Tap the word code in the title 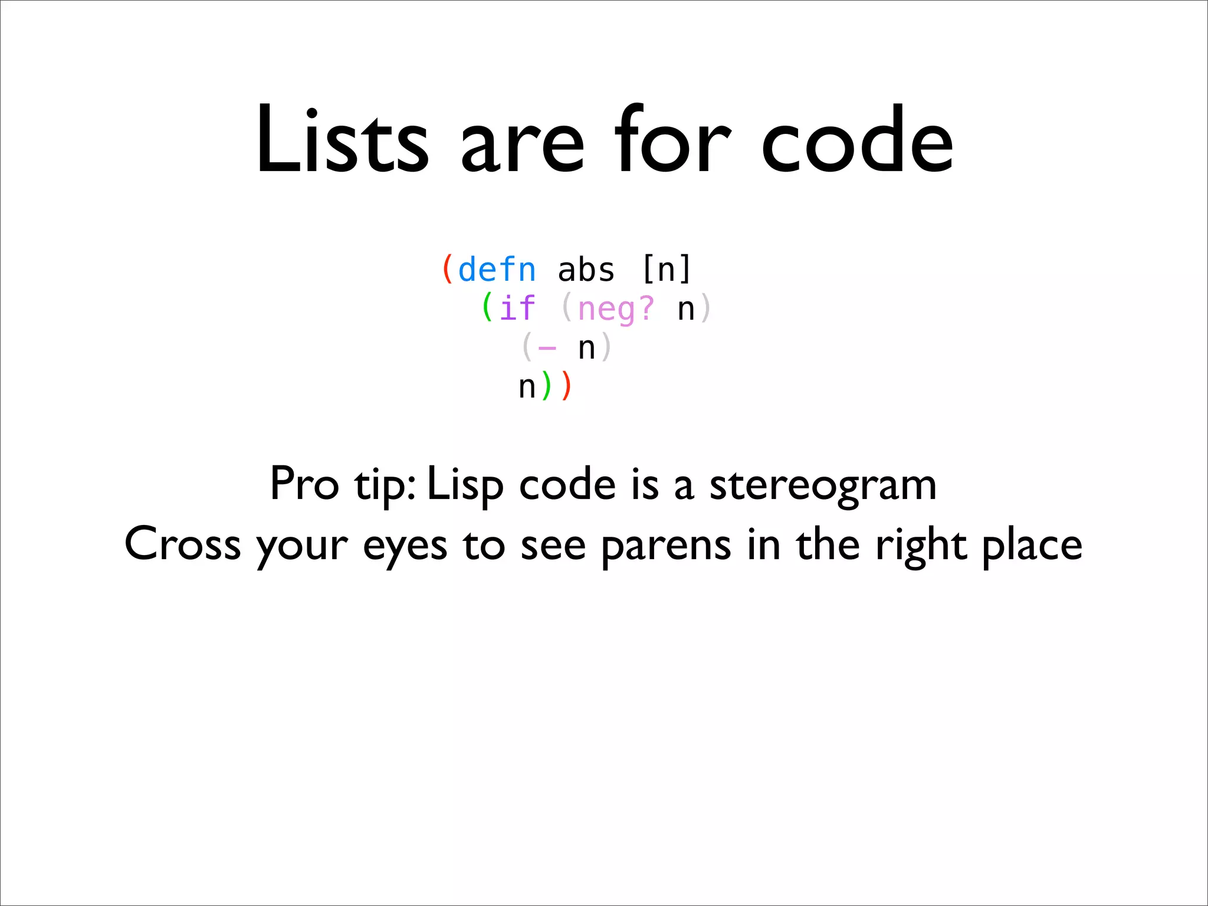point(856,142)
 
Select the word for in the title point(672,142)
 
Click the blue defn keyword point(497,270)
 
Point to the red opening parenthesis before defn point(448,270)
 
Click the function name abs point(586,270)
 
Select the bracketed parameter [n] point(665,270)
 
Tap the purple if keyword point(517,308)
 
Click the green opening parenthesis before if point(487,308)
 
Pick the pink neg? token point(616,308)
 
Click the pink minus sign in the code point(547,348)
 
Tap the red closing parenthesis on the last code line point(567,386)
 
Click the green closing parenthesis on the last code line point(546,386)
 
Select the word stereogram point(822,486)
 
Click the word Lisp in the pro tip point(465,485)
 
